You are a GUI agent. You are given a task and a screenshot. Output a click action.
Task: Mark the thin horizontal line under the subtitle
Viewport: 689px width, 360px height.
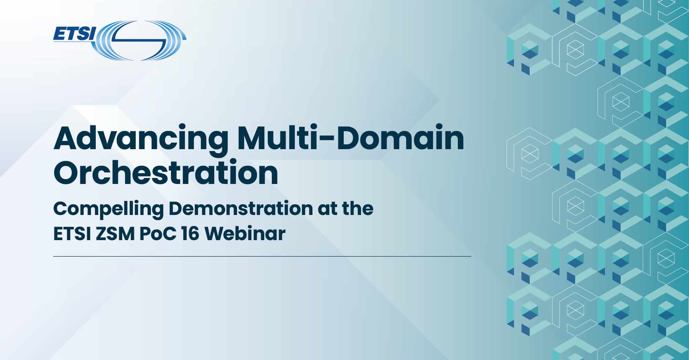[x=262, y=256]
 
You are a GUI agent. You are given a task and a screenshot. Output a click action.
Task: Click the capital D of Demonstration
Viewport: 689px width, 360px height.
[x=176, y=208]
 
